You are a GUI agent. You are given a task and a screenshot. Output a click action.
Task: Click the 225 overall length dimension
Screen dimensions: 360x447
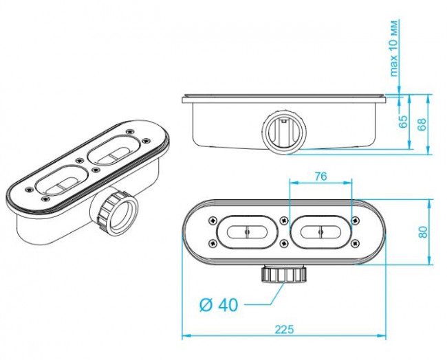(282, 328)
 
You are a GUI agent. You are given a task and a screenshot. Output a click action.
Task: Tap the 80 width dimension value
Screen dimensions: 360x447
(424, 232)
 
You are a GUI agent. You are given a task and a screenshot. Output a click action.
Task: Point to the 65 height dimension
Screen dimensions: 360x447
(403, 122)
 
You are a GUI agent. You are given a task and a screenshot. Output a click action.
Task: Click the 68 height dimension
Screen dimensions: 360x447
(422, 124)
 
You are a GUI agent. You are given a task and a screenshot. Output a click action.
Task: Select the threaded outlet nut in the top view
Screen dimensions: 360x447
(283, 275)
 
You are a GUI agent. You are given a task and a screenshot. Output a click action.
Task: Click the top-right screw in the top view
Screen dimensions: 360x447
(354, 221)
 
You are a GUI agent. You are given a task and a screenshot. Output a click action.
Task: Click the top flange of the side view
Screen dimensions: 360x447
(283, 99)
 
